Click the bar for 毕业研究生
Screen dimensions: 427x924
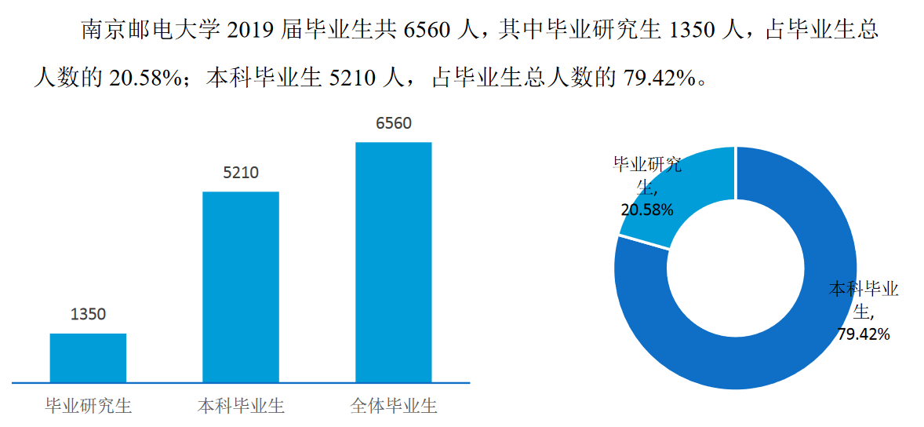pyautogui.click(x=88, y=358)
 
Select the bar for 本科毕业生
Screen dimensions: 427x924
pyautogui.click(x=241, y=286)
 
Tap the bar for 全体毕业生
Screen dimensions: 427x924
pyautogui.click(x=394, y=262)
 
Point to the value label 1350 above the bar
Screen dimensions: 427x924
pyautogui.click(x=88, y=315)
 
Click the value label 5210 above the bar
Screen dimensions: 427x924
pyautogui.click(x=241, y=173)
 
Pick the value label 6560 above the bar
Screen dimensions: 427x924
pyautogui.click(x=394, y=123)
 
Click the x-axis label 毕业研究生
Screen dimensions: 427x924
pyautogui.click(x=88, y=407)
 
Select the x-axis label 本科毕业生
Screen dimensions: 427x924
pyautogui.click(x=241, y=407)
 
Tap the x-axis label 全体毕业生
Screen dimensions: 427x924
pyautogui.click(x=394, y=407)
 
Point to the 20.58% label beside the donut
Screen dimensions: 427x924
pyautogui.click(x=647, y=210)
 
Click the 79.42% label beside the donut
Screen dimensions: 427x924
pyautogui.click(x=864, y=334)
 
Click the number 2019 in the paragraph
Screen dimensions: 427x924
pyautogui.click(x=250, y=31)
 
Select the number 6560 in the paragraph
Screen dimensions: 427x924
pyautogui.click(x=426, y=31)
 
